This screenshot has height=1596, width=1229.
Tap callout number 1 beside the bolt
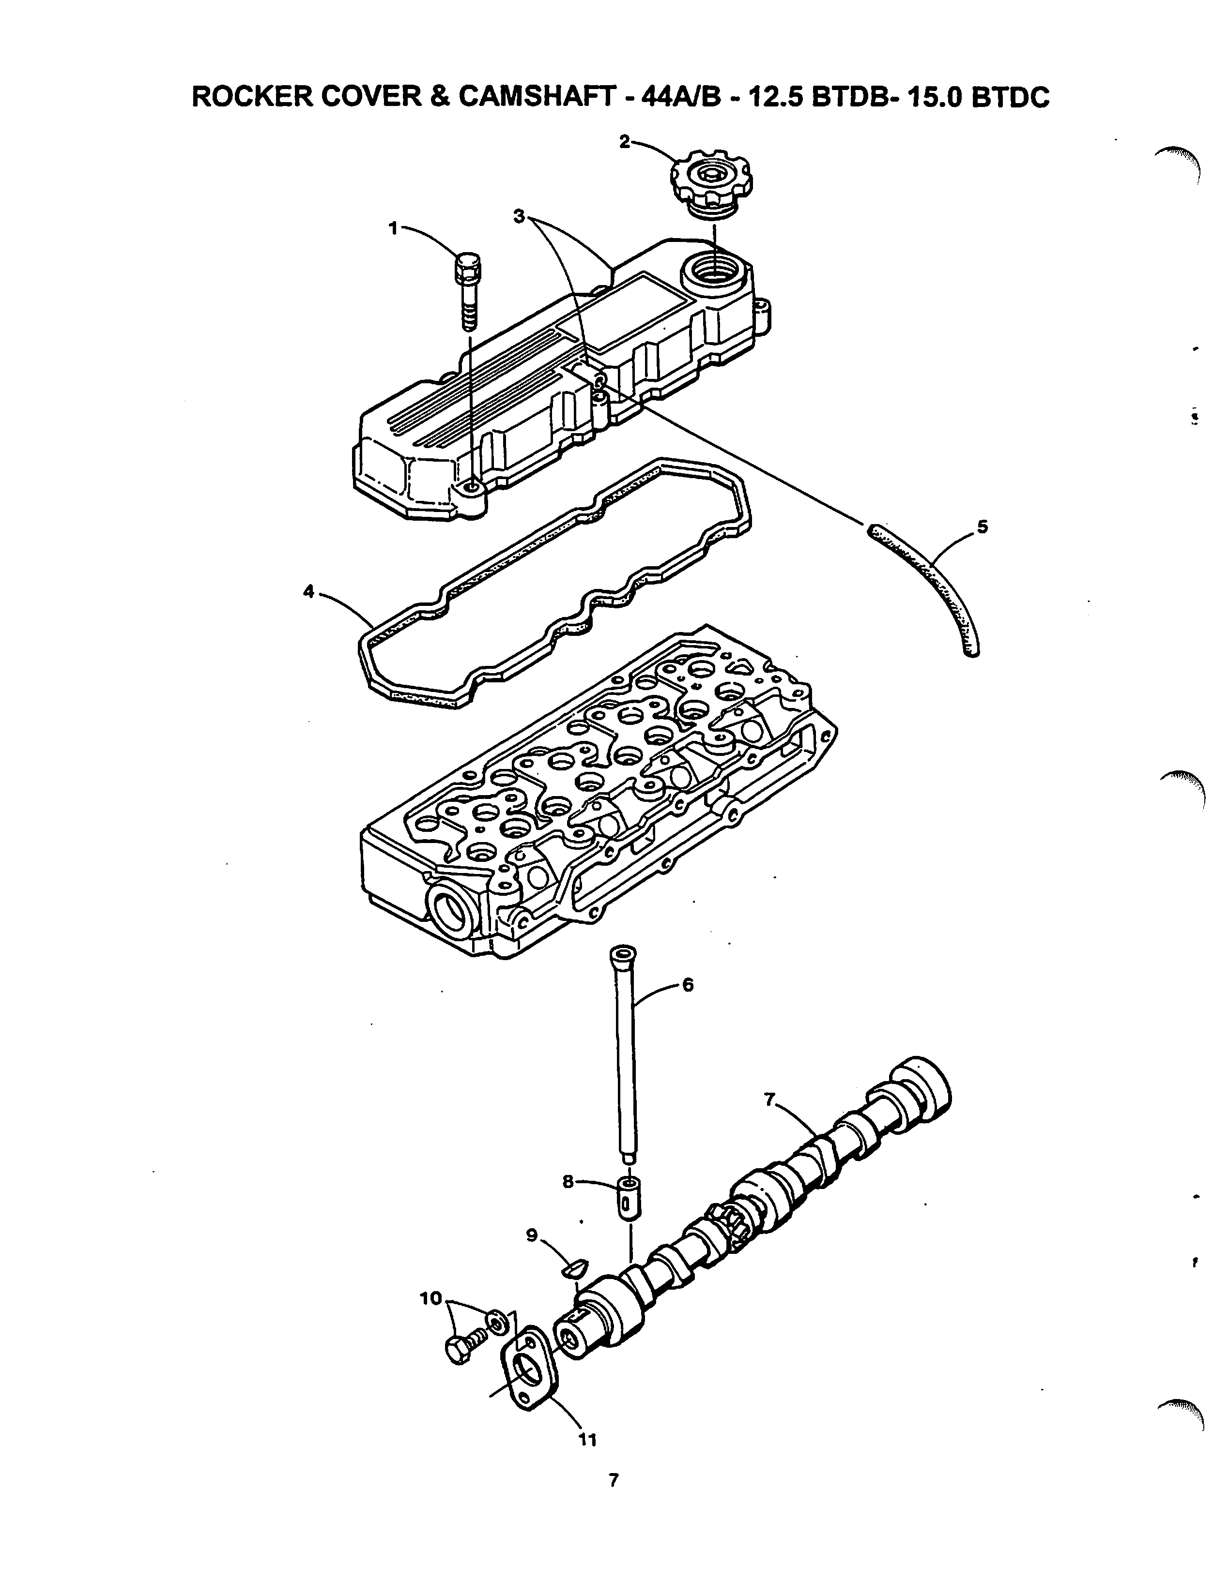tap(393, 229)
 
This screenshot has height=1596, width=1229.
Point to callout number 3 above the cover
tap(520, 216)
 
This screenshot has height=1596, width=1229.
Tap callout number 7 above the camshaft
tap(769, 1119)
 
